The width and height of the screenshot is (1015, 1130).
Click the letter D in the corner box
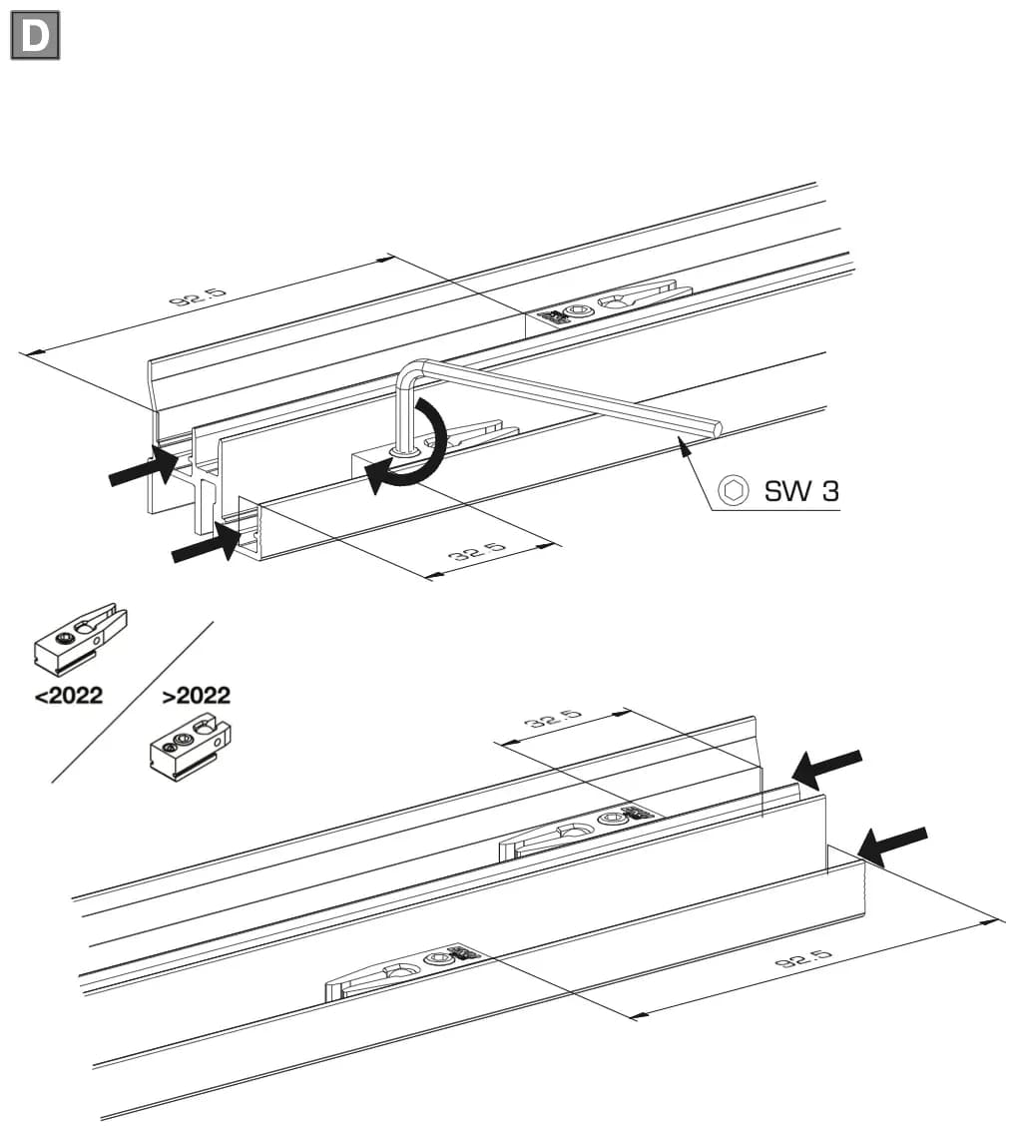pos(35,35)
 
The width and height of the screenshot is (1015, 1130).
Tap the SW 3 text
pos(801,491)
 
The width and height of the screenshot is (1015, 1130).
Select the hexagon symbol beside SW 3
pos(734,491)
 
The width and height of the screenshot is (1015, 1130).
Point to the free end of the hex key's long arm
pos(717,426)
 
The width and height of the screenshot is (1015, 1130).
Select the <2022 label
pos(69,696)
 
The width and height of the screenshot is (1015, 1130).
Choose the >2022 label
pos(196,696)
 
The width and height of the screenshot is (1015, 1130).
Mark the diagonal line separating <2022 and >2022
pos(133,702)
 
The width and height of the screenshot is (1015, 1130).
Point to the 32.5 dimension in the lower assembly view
pos(553,719)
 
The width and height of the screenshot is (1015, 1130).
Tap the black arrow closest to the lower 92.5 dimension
pos(892,845)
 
